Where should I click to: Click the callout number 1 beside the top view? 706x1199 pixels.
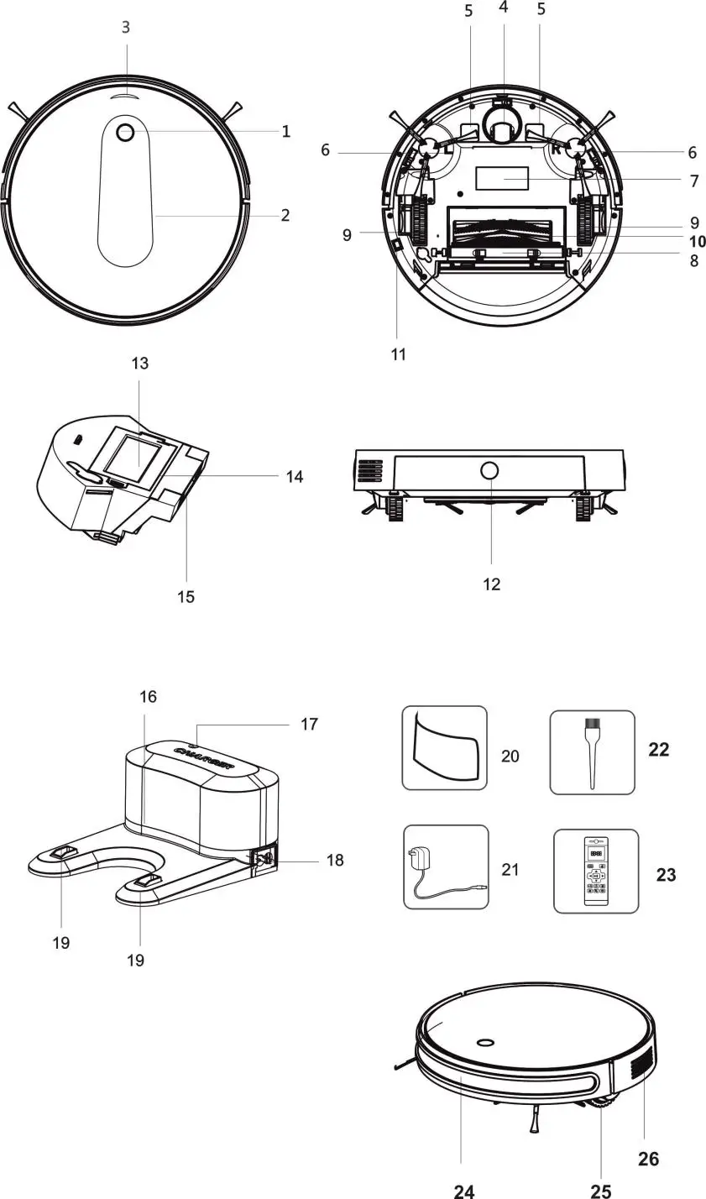pos(286,131)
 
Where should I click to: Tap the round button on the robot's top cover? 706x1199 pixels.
pos(126,132)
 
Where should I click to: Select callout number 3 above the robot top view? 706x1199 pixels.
pos(126,27)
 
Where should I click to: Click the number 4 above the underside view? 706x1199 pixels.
pos(503,8)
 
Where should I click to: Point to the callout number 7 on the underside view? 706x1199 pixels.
pos(693,181)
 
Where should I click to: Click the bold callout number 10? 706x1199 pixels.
pos(696,242)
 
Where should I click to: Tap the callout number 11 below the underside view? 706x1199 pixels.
pos(399,354)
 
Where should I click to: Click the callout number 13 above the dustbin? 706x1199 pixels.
pos(139,363)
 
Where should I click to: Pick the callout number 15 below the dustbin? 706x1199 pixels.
pos(186,596)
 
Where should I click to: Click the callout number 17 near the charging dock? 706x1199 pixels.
pos(309,724)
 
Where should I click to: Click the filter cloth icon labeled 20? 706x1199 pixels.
pos(444,747)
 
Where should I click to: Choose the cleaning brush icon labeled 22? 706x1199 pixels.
pos(592,751)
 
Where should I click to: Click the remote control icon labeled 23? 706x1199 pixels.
pos(595,871)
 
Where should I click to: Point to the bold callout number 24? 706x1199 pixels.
pos(464,1190)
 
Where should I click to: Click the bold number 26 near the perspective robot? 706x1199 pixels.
pos(648,1159)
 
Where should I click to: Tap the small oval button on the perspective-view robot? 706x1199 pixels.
pos(484,1043)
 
